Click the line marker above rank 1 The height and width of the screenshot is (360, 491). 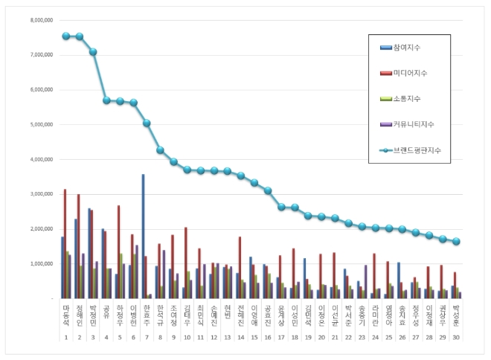click(x=65, y=36)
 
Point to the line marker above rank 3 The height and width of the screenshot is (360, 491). click(x=93, y=52)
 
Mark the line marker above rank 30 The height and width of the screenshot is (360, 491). click(x=455, y=242)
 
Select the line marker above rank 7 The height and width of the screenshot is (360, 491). click(x=147, y=123)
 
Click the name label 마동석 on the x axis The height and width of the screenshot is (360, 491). click(x=65, y=313)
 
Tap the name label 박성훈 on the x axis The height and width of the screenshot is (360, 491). click(x=455, y=313)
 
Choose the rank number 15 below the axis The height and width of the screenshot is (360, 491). click(x=254, y=337)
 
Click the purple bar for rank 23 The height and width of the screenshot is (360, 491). click(x=365, y=282)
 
